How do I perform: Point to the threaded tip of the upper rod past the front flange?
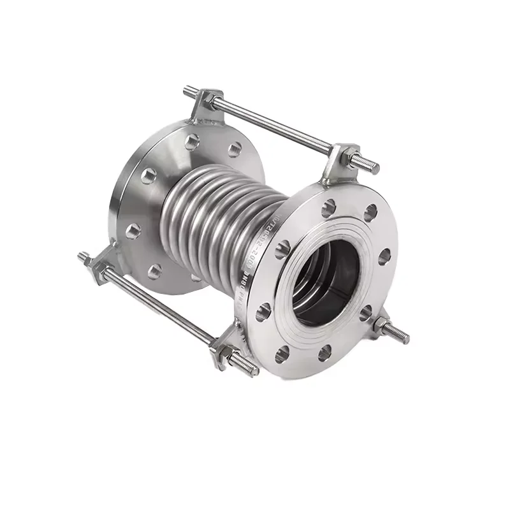coord(368,166)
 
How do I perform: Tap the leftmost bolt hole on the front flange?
coord(262,312)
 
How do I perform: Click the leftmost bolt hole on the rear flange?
coord(133,230)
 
